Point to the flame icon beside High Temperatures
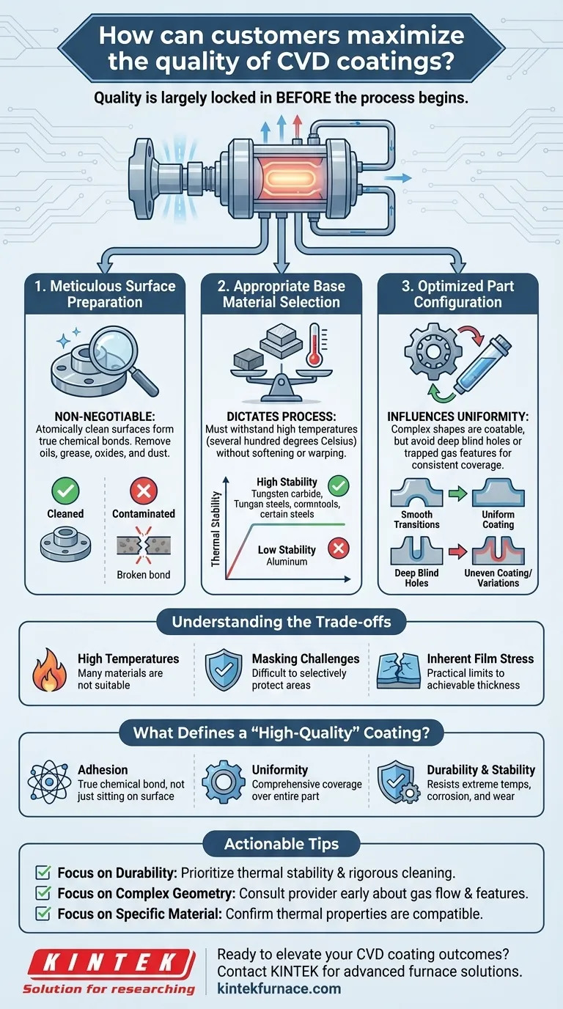tap(50, 670)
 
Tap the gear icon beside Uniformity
tap(218, 782)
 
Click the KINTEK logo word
tap(110, 961)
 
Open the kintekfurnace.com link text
tap(279, 988)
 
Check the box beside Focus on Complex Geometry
tap(43, 893)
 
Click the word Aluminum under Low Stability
tap(287, 562)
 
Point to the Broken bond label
tap(144, 574)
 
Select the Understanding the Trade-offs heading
tap(281, 623)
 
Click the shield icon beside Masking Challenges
tap(224, 670)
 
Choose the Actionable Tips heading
tap(281, 844)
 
